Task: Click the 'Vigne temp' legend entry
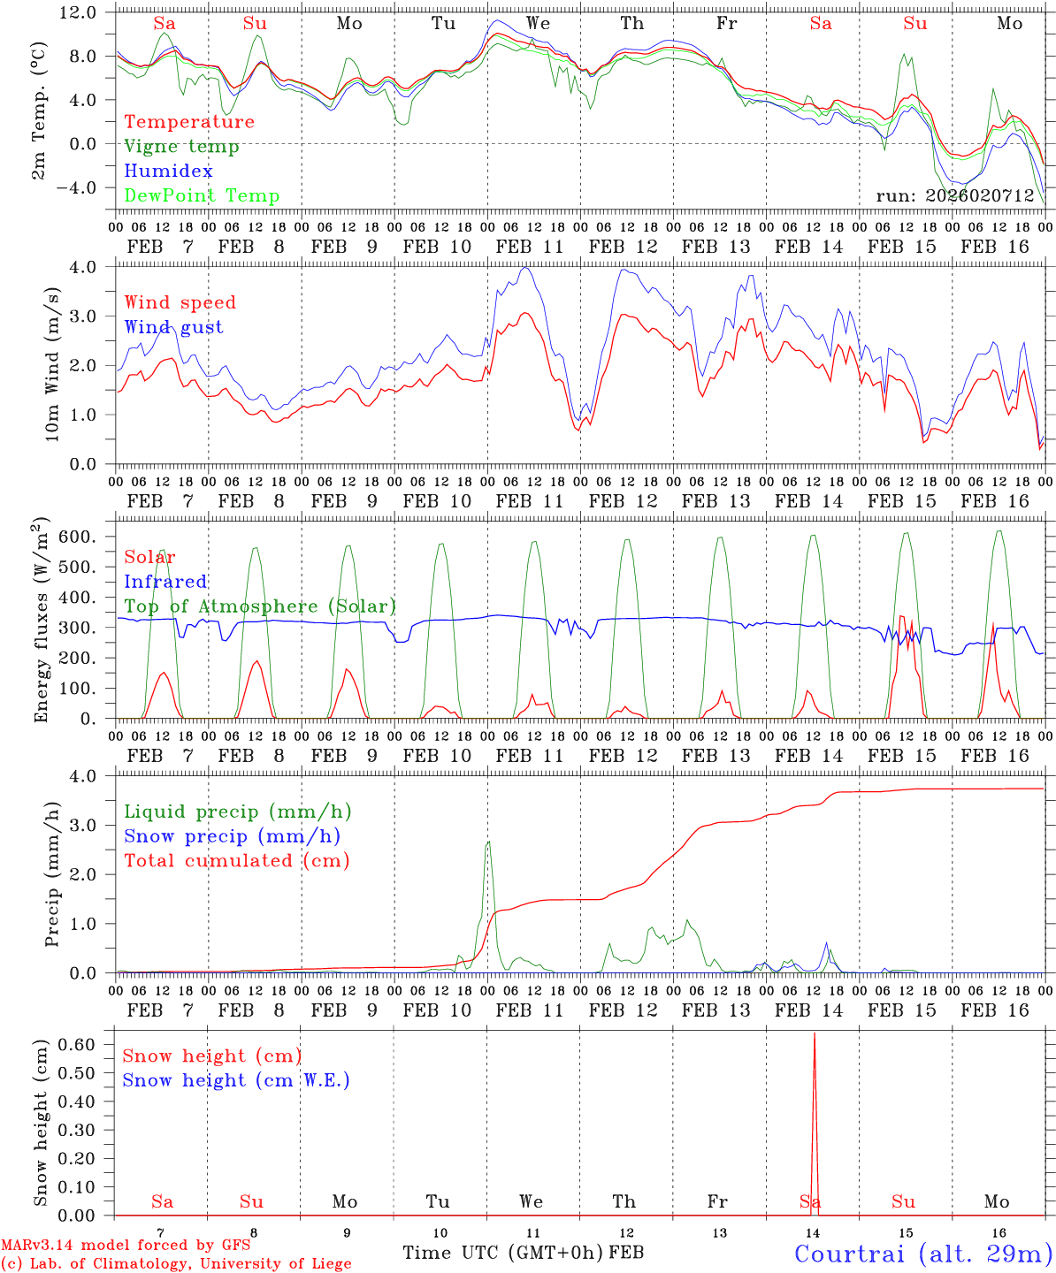pos(181,147)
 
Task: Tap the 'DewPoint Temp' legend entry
pos(202,196)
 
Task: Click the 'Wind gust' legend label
pos(173,327)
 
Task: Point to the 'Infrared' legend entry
pos(165,582)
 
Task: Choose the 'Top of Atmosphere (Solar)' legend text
pos(260,606)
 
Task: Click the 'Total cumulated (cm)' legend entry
pos(236,861)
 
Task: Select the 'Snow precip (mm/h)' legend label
pos(232,836)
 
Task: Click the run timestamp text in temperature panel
pos(955,196)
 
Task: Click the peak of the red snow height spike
pos(815,1033)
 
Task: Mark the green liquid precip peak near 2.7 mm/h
pos(488,842)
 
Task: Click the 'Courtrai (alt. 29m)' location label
pos(923,1254)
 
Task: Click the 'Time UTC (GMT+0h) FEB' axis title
pos(523,1254)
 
